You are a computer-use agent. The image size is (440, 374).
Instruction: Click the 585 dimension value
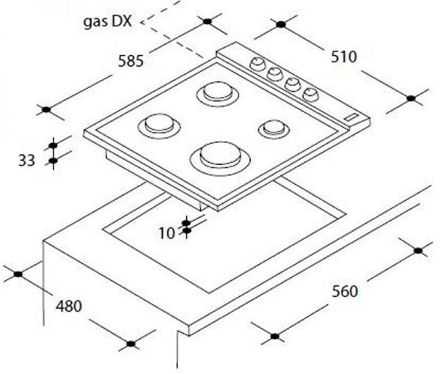131,61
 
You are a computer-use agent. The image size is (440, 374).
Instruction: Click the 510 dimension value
344,56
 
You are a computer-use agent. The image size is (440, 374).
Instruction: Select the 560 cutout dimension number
345,291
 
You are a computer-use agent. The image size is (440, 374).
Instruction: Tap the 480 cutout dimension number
69,306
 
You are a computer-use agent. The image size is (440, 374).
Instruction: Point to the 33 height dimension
26,161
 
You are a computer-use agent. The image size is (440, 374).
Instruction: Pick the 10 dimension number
166,233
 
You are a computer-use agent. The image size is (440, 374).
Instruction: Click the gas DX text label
108,21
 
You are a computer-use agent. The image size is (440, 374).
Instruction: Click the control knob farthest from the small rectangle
257,65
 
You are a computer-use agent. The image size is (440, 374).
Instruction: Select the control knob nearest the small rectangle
310,95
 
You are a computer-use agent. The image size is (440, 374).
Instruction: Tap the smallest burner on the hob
274,129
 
